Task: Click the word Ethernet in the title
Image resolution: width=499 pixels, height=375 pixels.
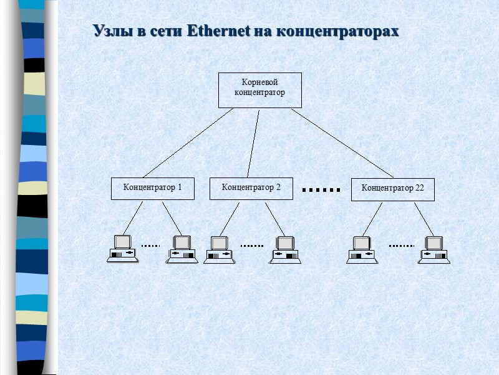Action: [x=218, y=31]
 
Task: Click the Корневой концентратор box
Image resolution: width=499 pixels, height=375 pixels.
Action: [x=259, y=90]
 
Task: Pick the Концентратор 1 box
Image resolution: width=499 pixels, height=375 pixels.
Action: [x=152, y=188]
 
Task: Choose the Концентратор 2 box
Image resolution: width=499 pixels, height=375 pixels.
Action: [x=251, y=188]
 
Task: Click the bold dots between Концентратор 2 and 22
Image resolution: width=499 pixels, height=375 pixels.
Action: [x=321, y=189]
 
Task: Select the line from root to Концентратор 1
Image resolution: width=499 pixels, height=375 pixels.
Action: [x=187, y=143]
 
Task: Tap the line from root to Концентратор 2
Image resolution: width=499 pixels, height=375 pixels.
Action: [x=253, y=143]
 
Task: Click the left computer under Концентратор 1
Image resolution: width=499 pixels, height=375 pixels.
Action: [x=122, y=248]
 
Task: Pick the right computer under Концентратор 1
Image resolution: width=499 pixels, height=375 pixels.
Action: [x=182, y=249]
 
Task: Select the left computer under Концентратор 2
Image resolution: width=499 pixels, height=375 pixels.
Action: [x=219, y=249]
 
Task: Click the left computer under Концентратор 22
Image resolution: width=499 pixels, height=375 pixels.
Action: [x=362, y=249]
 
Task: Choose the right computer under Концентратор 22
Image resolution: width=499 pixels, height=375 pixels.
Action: [x=434, y=249]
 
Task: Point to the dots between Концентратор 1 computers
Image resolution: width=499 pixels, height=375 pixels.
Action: [x=151, y=246]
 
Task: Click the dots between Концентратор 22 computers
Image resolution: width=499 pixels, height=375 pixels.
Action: [x=401, y=246]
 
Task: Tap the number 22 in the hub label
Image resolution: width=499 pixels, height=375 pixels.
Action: [x=419, y=188]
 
